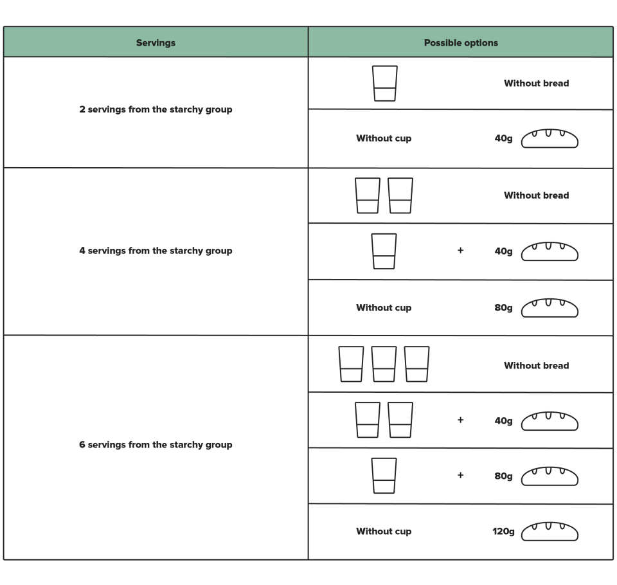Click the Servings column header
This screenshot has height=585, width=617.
tap(156, 43)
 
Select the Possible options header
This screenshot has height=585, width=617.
tap(461, 43)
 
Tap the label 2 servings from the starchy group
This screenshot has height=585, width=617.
tap(156, 109)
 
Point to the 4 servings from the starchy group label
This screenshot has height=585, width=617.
tap(156, 251)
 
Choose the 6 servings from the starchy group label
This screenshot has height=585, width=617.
tap(156, 445)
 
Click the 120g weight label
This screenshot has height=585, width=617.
tap(503, 532)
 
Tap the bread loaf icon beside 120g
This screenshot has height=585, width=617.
tap(550, 532)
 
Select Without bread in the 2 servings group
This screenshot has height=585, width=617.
tap(536, 84)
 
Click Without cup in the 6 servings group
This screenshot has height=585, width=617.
tap(384, 532)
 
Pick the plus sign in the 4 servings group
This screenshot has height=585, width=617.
tap(460, 250)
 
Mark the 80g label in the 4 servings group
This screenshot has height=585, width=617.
tap(503, 308)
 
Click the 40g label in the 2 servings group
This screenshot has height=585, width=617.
tap(503, 139)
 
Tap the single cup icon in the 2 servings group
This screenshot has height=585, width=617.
tap(385, 84)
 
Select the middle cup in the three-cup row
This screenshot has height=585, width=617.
tap(384, 364)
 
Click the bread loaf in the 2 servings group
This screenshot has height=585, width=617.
tap(550, 139)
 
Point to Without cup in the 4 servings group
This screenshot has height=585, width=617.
tap(384, 308)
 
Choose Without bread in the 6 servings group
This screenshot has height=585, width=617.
tap(536, 366)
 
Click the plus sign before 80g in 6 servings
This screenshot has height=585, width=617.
tap(460, 475)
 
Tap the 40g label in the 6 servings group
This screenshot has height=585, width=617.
tap(503, 421)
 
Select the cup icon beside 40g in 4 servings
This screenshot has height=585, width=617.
tap(384, 251)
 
